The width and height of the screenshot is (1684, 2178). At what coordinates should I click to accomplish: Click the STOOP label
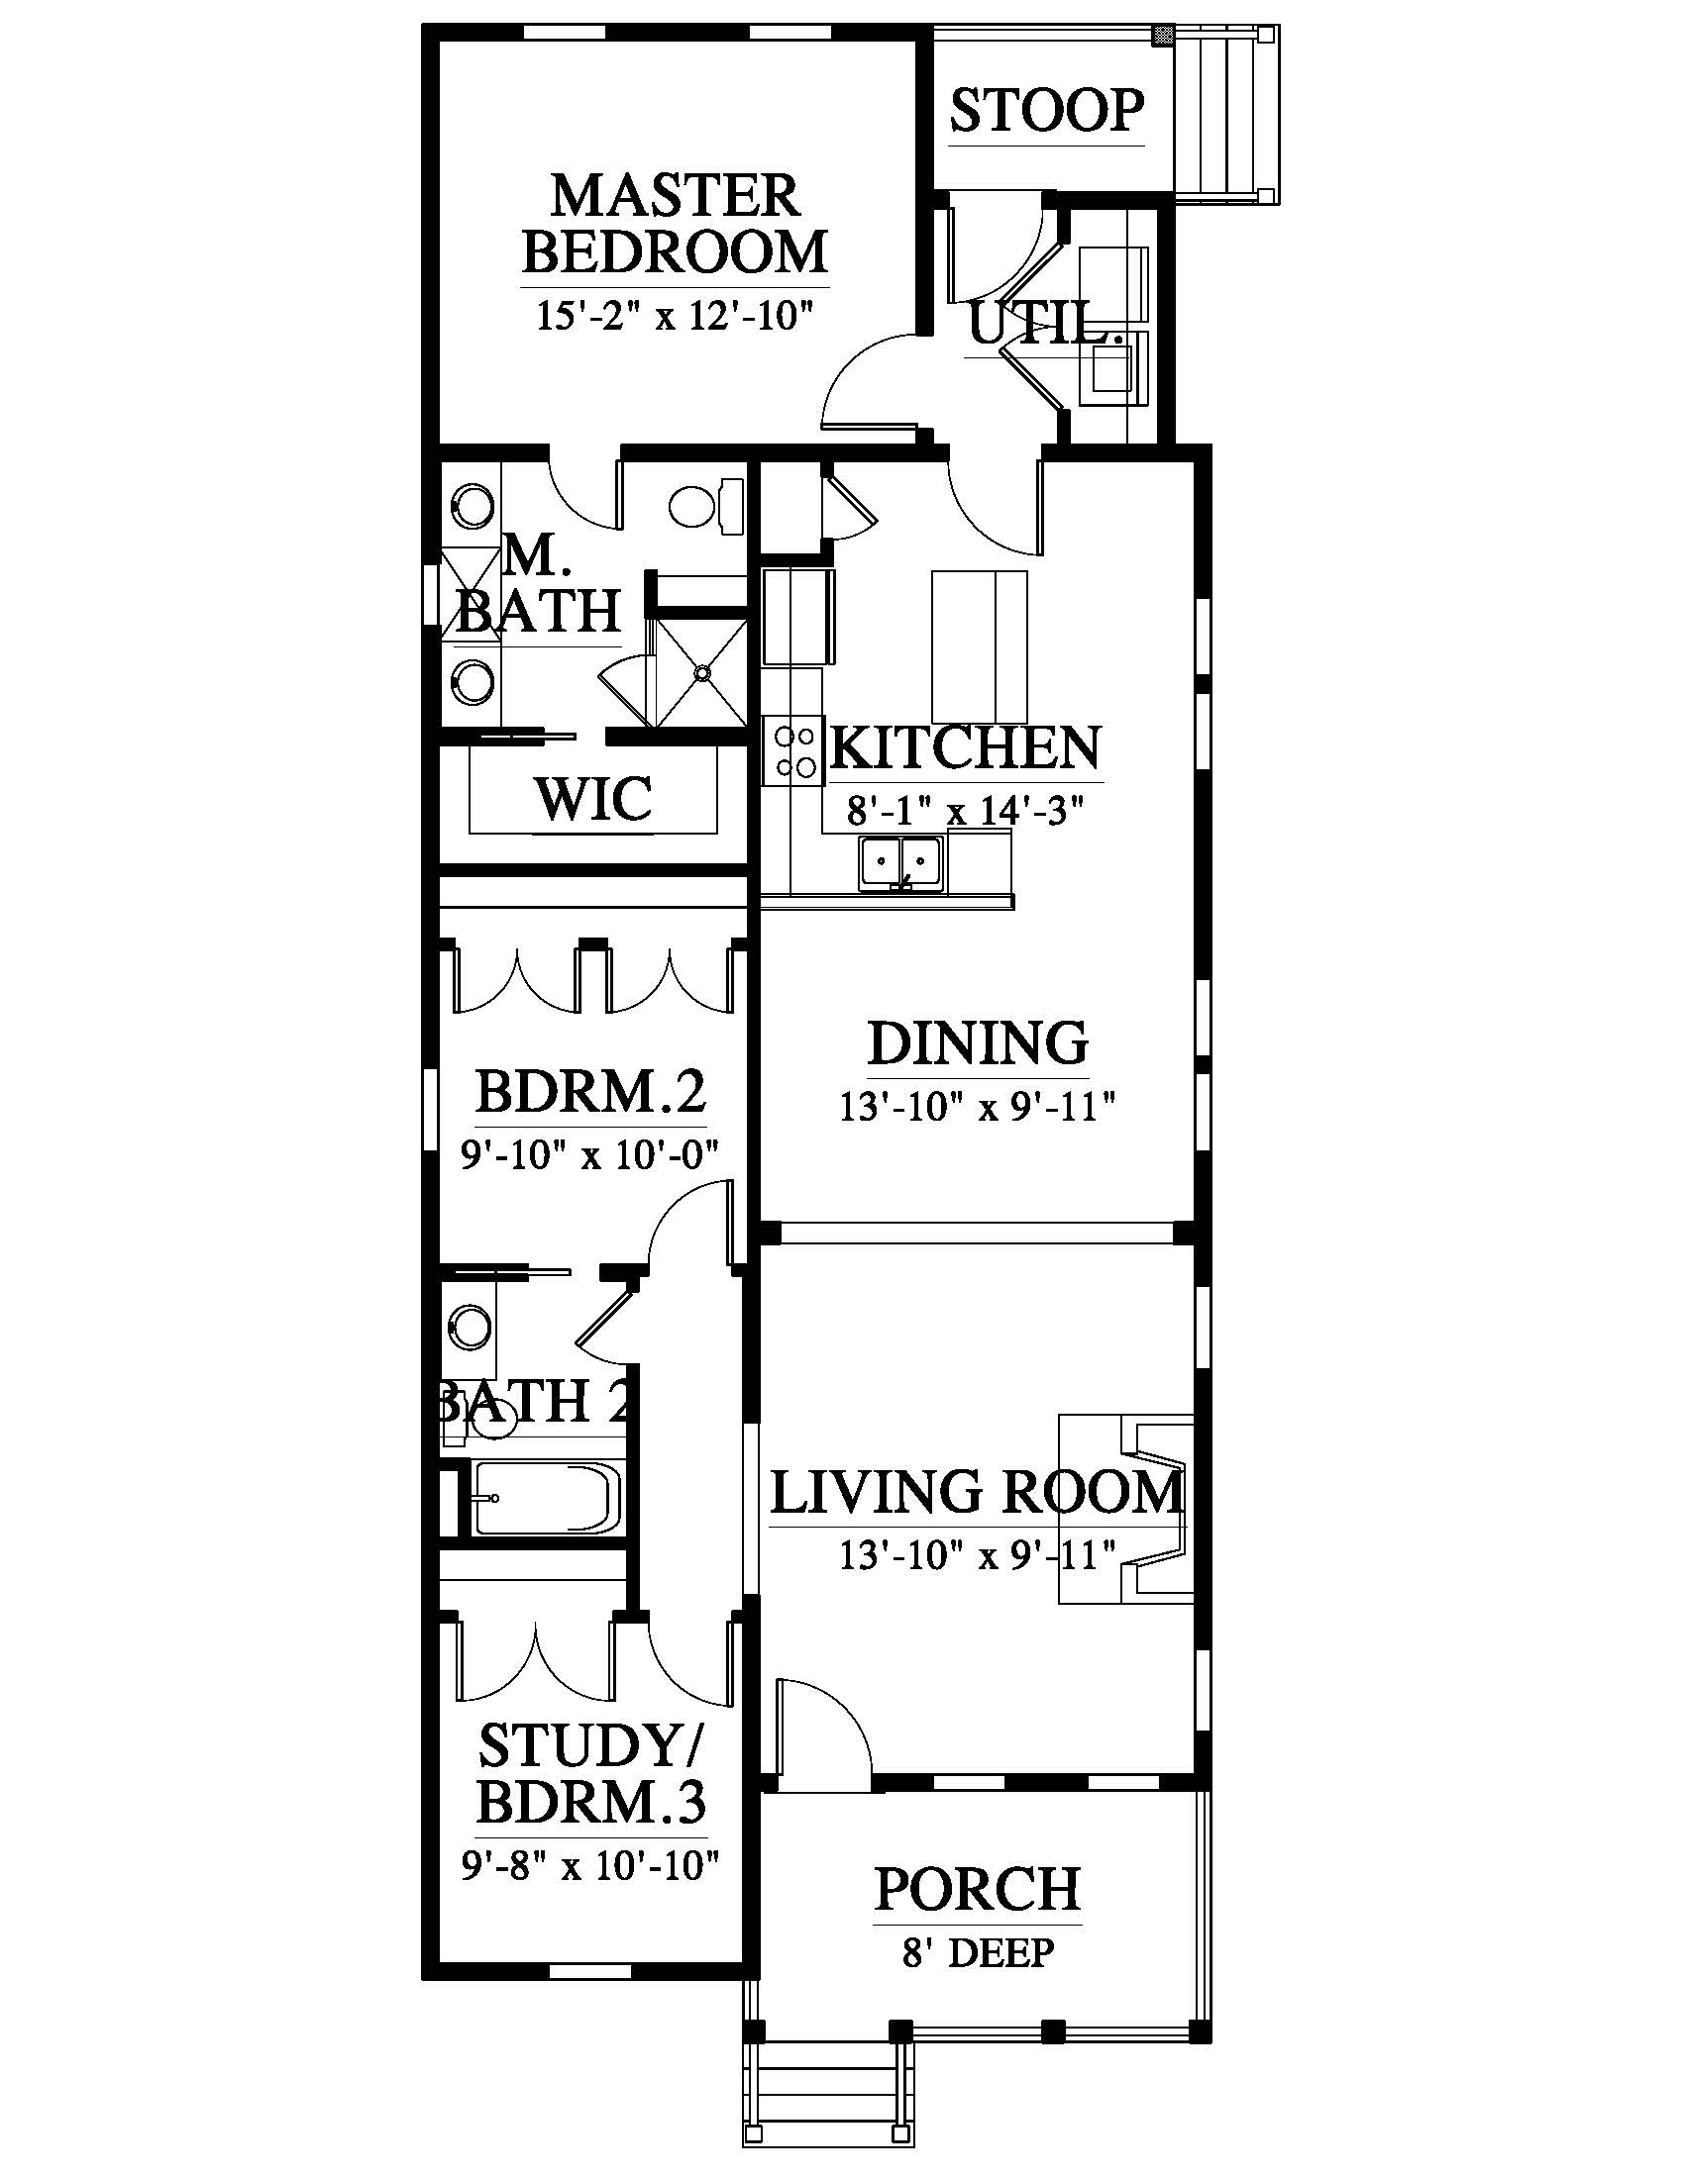[1046, 111]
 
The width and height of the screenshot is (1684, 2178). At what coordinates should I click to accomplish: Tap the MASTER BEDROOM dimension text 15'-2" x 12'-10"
[675, 316]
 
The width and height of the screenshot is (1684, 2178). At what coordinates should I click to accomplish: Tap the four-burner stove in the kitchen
[792, 751]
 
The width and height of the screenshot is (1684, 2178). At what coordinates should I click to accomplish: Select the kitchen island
[979, 646]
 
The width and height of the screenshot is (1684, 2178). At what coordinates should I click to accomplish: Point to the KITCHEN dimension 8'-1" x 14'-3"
[965, 811]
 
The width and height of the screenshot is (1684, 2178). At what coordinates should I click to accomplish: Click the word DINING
[978, 1043]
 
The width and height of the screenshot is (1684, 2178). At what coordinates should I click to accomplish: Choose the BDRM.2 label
[590, 1091]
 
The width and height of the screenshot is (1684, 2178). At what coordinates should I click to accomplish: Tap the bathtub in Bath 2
[547, 1498]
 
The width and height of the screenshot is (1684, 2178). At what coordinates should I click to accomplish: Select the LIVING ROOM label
[977, 1493]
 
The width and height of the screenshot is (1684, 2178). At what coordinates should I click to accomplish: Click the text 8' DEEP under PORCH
[978, 1952]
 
